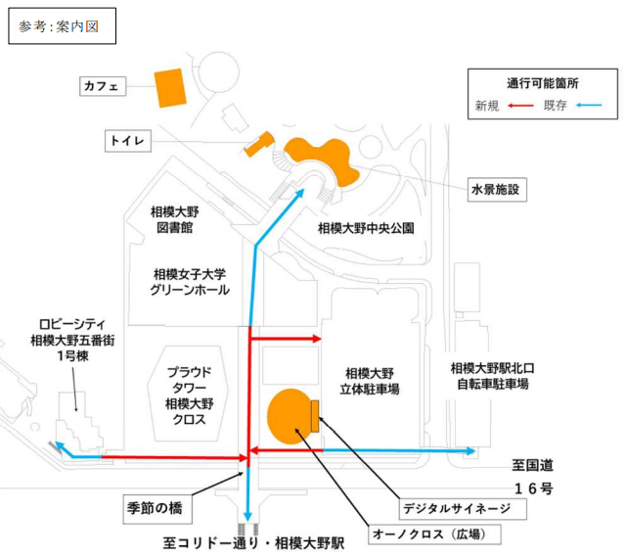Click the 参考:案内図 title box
point(61,26)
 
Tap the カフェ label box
point(105,87)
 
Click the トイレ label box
point(128,142)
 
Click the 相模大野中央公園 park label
point(367,228)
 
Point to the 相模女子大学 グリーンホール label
point(190,282)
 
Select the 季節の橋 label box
point(154,510)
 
